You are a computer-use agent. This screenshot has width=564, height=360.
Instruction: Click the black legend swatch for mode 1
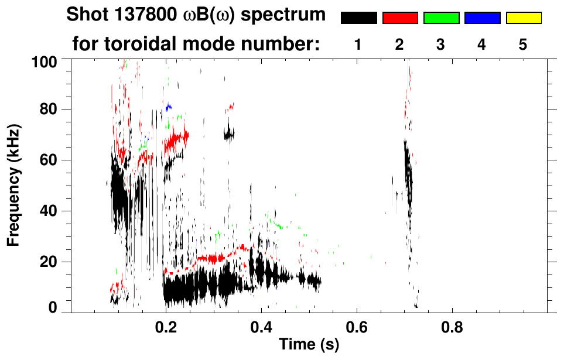358,18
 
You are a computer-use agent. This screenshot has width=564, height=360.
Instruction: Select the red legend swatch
400,18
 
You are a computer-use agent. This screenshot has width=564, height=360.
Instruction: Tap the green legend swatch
441,18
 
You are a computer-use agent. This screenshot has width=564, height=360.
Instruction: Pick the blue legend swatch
482,18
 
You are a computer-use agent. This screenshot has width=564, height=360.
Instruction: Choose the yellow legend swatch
524,18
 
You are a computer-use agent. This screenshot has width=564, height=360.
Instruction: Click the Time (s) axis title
309,345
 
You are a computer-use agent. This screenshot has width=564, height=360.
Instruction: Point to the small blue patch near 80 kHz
169,107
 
